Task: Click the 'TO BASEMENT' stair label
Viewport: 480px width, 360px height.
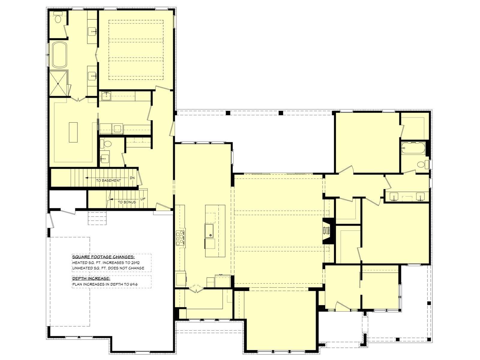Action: pos(109,181)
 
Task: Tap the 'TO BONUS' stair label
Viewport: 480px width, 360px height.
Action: pos(127,202)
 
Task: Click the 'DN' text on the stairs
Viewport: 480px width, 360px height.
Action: pos(132,178)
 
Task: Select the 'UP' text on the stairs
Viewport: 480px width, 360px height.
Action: pos(143,199)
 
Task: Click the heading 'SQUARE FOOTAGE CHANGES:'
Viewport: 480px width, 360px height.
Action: pos(103,256)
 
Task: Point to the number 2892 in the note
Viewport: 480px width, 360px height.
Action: pos(135,262)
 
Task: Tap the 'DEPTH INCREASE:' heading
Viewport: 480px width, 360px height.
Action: pos(91,278)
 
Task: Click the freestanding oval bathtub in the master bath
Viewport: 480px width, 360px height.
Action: pos(59,55)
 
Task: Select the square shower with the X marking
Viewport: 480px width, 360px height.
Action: pos(58,83)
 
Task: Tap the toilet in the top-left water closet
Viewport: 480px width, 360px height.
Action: pos(58,17)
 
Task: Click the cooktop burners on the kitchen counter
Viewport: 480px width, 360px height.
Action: pos(180,238)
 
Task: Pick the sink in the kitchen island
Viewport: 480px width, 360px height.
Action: pos(210,231)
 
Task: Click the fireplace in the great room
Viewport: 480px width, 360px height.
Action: pos(328,231)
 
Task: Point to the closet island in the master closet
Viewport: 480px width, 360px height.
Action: pos(73,132)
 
